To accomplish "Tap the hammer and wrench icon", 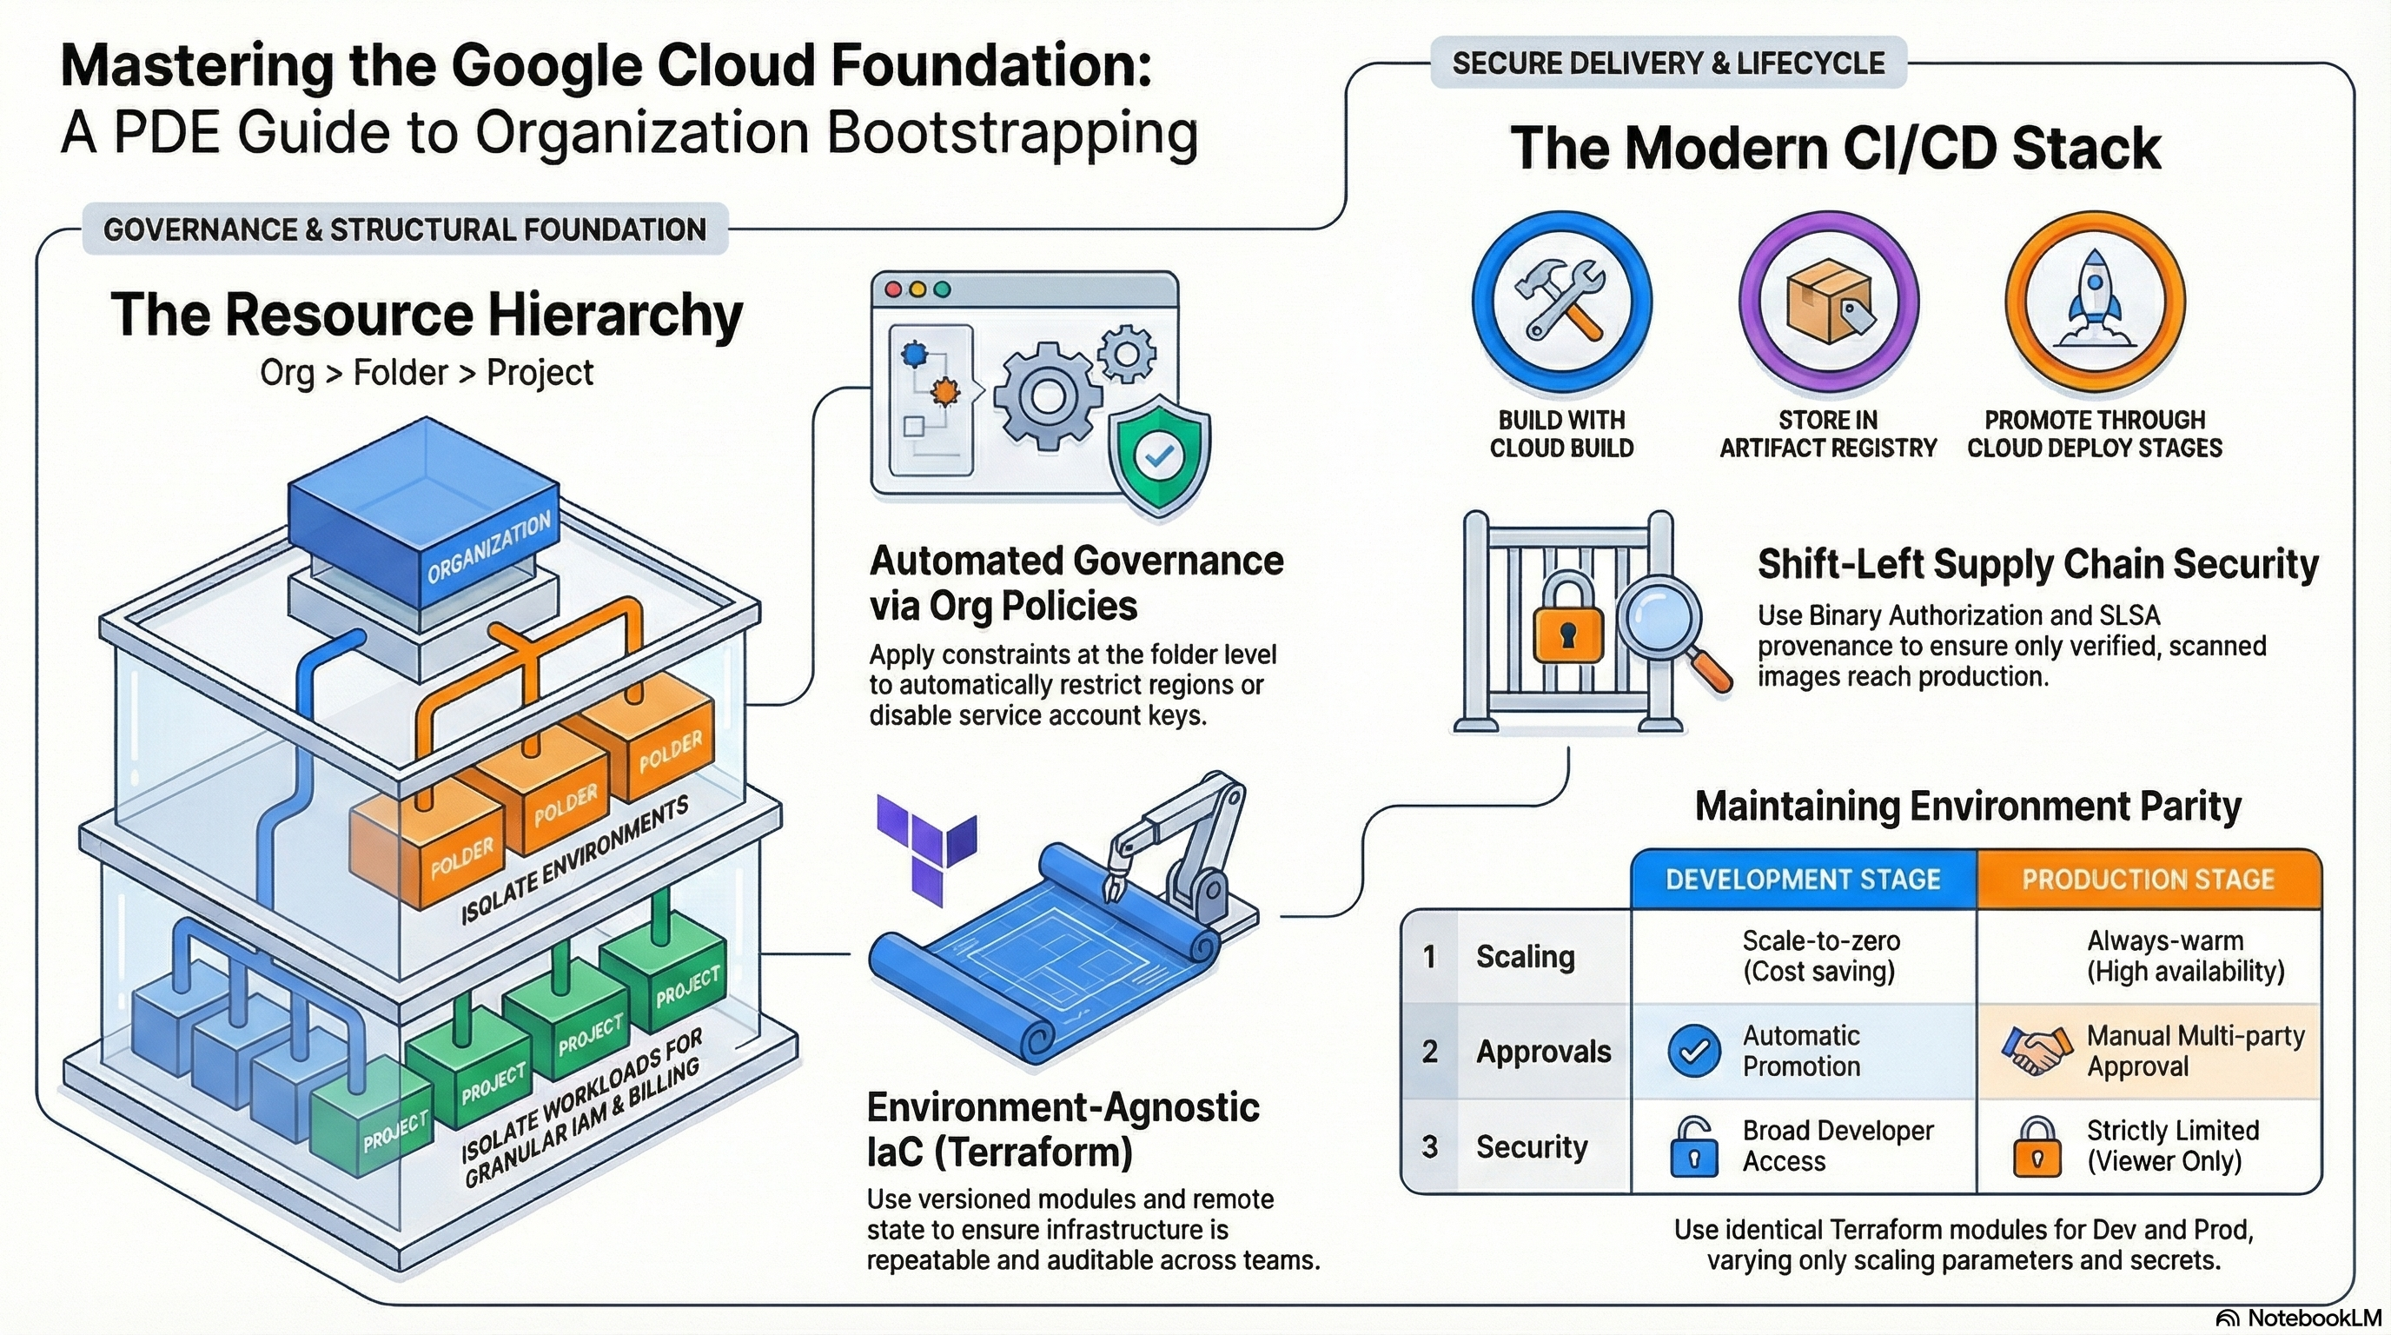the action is [1561, 300].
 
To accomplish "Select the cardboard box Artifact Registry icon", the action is [1826, 300].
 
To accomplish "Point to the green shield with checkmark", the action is [1159, 455].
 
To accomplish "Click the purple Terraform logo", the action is [926, 847].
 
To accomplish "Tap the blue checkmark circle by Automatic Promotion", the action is [1694, 1051].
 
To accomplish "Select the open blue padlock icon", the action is [1694, 1146].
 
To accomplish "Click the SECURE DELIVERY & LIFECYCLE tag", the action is [1668, 63].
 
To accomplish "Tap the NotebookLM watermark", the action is [2298, 1318].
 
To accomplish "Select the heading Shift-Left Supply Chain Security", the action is [2038, 563].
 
